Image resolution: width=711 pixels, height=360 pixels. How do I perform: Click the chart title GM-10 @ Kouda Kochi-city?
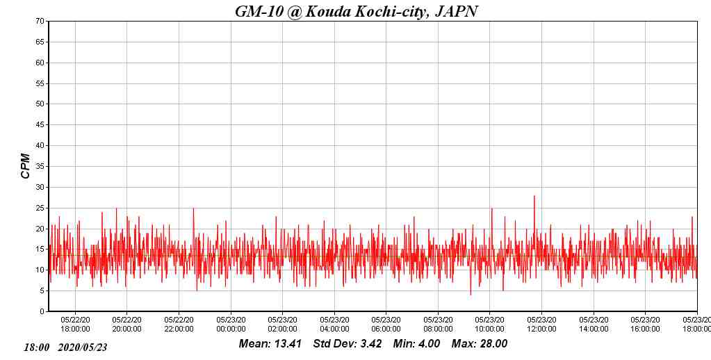pyautogui.click(x=356, y=11)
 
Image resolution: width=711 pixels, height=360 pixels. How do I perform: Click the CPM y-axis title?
pyautogui.click(x=26, y=166)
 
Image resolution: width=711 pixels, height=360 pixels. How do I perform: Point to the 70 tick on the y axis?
pyautogui.click(x=40, y=22)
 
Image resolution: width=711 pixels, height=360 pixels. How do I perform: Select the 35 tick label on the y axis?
pyautogui.click(x=40, y=167)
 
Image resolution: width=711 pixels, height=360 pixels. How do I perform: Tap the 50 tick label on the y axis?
pyautogui.click(x=40, y=104)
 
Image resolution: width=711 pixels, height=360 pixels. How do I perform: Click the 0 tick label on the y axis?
pyautogui.click(x=42, y=312)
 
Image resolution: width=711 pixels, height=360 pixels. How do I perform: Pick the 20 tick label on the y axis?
pyautogui.click(x=40, y=229)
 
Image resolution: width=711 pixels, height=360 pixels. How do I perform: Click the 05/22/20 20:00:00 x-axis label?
pyautogui.click(x=126, y=325)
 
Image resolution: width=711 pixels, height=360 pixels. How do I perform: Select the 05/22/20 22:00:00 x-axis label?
pyautogui.click(x=179, y=325)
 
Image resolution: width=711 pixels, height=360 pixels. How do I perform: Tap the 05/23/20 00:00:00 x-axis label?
pyautogui.click(x=231, y=325)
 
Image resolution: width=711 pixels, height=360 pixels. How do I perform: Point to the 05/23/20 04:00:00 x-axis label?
pyautogui.click(x=334, y=325)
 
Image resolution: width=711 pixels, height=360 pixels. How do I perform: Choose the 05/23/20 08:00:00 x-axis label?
pyautogui.click(x=438, y=325)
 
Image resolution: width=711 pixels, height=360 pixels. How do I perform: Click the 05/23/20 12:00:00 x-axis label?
pyautogui.click(x=541, y=325)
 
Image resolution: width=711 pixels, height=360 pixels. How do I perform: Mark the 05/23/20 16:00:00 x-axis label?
pyautogui.click(x=645, y=325)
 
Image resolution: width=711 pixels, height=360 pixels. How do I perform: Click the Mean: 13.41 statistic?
pyautogui.click(x=270, y=344)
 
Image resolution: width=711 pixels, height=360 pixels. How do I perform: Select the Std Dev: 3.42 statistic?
pyautogui.click(x=348, y=344)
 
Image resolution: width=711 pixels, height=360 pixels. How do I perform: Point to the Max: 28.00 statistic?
pyautogui.click(x=480, y=344)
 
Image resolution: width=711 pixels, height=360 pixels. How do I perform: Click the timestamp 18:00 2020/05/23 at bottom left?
pyautogui.click(x=66, y=347)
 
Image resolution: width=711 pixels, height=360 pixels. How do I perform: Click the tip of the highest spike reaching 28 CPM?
pyautogui.click(x=534, y=196)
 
